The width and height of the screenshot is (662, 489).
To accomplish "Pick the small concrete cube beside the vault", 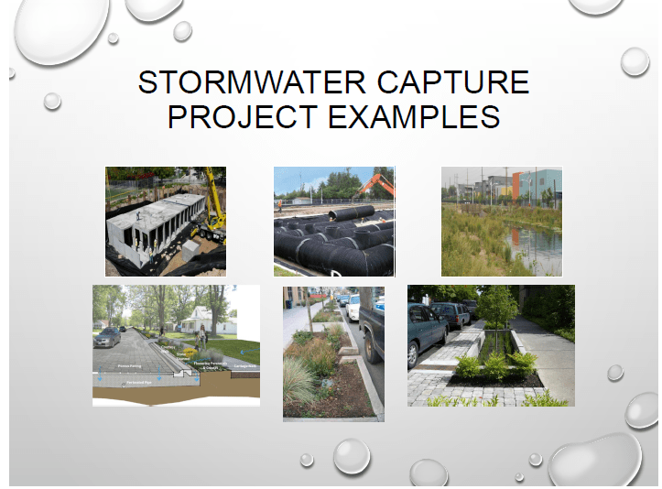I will pos(191,250).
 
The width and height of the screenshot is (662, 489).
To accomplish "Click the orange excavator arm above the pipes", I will pos(376,185).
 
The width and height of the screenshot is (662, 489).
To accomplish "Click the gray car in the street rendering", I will pos(107,337).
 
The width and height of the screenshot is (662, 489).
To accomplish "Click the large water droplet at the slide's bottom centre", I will pos(352,455).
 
